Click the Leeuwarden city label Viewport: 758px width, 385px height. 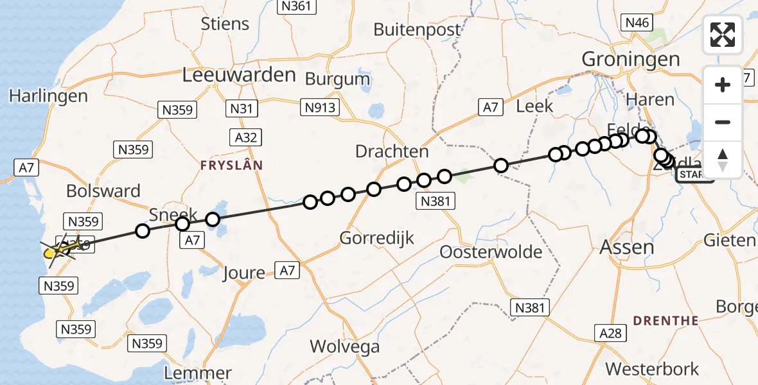click(x=239, y=74)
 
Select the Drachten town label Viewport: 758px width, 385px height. click(x=392, y=151)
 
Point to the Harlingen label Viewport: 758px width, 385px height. click(x=48, y=96)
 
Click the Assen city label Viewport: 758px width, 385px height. click(x=626, y=247)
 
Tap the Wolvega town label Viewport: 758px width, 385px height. click(x=344, y=347)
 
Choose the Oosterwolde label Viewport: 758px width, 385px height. click(x=491, y=252)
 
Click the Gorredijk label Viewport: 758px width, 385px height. click(x=376, y=238)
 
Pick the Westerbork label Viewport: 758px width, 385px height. click(x=652, y=369)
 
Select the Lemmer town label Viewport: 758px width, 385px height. click(x=197, y=373)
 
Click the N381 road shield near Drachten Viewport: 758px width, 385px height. click(x=436, y=201)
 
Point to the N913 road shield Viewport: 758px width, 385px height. click(x=320, y=107)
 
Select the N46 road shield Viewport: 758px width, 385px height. click(x=637, y=23)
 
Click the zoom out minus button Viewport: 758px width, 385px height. click(x=723, y=122)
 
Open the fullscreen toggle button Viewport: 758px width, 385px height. click(x=723, y=34)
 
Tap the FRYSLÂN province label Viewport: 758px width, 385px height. click(x=231, y=165)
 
